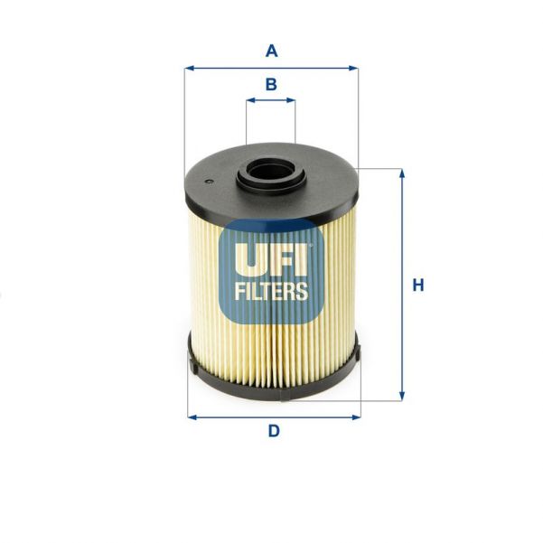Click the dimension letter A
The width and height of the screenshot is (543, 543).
tap(271, 51)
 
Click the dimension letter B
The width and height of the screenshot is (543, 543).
tap(271, 85)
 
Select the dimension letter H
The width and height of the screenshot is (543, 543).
tap(417, 286)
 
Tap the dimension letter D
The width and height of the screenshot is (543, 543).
tap(273, 431)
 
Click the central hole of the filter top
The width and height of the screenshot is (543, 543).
tap(270, 169)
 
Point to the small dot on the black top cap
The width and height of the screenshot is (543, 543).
tap(210, 182)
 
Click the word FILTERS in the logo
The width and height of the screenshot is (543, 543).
tap(271, 292)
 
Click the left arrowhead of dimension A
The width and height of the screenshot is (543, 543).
tap(188, 68)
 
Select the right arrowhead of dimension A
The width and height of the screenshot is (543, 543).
tap(354, 68)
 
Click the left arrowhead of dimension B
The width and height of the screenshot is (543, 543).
tap(249, 102)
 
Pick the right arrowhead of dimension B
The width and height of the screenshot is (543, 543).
tap(292, 102)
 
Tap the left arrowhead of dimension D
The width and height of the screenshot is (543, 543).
tap(192, 417)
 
